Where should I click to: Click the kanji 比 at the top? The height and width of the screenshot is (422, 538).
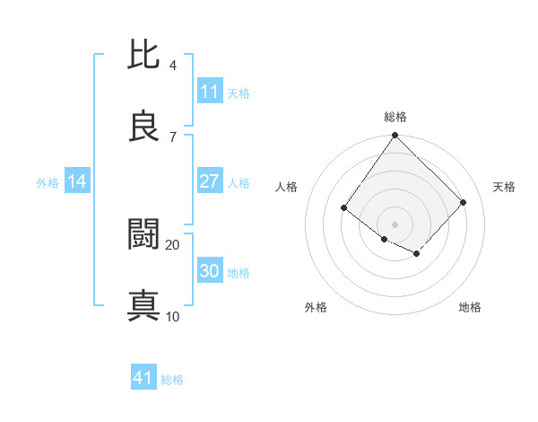tap(144, 56)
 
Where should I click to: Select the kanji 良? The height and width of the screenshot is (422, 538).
tap(144, 126)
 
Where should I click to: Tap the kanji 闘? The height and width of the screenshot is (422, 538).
tap(144, 234)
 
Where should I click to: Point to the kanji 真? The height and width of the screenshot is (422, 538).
tap(144, 305)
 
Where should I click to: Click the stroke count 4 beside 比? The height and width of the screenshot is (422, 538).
tap(173, 66)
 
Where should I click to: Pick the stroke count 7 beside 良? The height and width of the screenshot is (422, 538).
tap(173, 136)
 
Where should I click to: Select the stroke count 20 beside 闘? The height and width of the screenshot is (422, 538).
tap(173, 244)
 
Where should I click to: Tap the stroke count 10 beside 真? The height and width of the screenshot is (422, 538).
tap(173, 316)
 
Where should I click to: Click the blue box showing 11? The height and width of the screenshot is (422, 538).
tap(210, 92)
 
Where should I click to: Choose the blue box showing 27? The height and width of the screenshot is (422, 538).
tap(210, 181)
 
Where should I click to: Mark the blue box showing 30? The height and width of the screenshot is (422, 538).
tap(210, 271)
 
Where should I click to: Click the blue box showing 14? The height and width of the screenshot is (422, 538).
tap(77, 181)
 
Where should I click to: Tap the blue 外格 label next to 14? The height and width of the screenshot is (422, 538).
tap(48, 183)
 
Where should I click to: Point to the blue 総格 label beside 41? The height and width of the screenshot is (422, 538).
tap(172, 380)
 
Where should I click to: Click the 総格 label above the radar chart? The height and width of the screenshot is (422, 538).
tap(395, 117)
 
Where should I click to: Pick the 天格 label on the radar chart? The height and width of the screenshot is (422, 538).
tap(504, 187)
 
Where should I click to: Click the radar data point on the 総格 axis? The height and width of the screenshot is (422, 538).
tap(395, 136)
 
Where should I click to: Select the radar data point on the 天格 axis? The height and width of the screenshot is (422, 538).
tap(464, 202)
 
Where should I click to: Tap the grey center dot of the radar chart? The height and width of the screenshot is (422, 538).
tap(395, 224)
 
